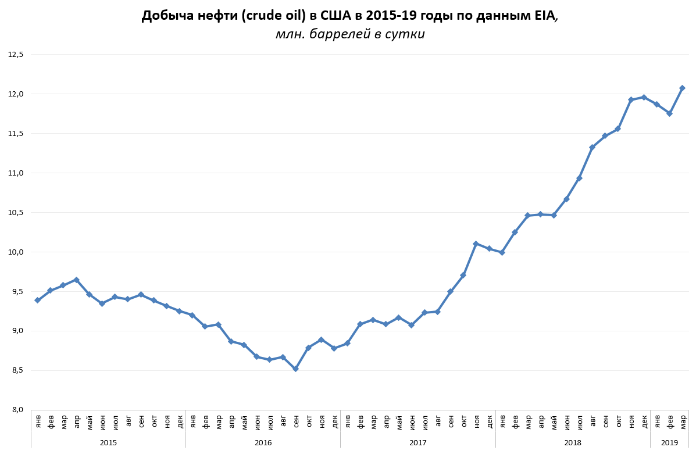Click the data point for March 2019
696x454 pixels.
682,88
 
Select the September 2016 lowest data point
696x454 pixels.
295,369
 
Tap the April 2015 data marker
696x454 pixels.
76,280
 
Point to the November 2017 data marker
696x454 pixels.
476,244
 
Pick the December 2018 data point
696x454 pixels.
644,97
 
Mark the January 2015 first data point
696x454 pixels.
37,300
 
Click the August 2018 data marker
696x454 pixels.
592,147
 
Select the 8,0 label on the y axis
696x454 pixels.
16,410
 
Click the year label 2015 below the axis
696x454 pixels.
108,443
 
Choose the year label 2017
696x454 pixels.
417,443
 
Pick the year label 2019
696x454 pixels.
669,443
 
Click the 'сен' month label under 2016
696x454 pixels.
296,421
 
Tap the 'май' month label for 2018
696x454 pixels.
554,421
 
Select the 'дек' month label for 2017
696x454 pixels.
489,421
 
